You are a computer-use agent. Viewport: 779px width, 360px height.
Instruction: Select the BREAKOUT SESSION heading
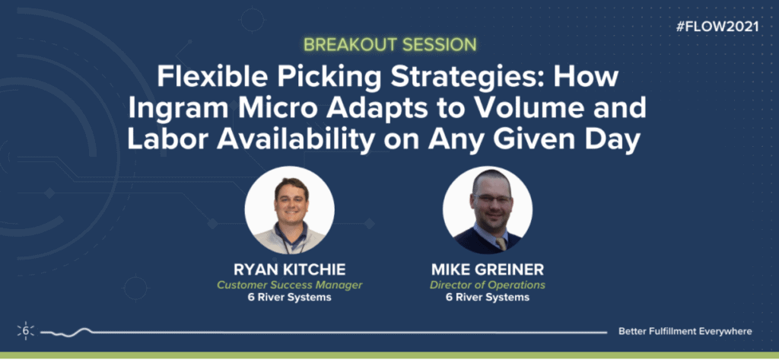coord(390,45)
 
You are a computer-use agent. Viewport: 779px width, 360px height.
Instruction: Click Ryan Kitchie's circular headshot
coord(290,211)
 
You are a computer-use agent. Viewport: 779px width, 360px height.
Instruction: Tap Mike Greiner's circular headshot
coord(488,211)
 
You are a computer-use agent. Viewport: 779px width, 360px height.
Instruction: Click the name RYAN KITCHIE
coord(290,270)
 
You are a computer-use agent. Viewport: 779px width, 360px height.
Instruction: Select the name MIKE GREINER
coord(488,270)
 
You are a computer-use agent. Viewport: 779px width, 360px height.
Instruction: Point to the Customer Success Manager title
coord(290,285)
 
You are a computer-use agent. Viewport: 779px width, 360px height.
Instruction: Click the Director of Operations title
coord(488,285)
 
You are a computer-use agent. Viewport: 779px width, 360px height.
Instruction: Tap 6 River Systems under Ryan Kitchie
coord(290,298)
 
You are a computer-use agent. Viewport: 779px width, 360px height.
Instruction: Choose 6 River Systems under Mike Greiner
coord(488,298)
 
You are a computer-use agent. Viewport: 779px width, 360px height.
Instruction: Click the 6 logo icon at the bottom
coord(26,330)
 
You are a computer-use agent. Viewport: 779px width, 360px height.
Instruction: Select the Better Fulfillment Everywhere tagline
coord(685,331)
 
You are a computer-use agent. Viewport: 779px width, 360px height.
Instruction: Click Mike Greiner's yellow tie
coord(501,244)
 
